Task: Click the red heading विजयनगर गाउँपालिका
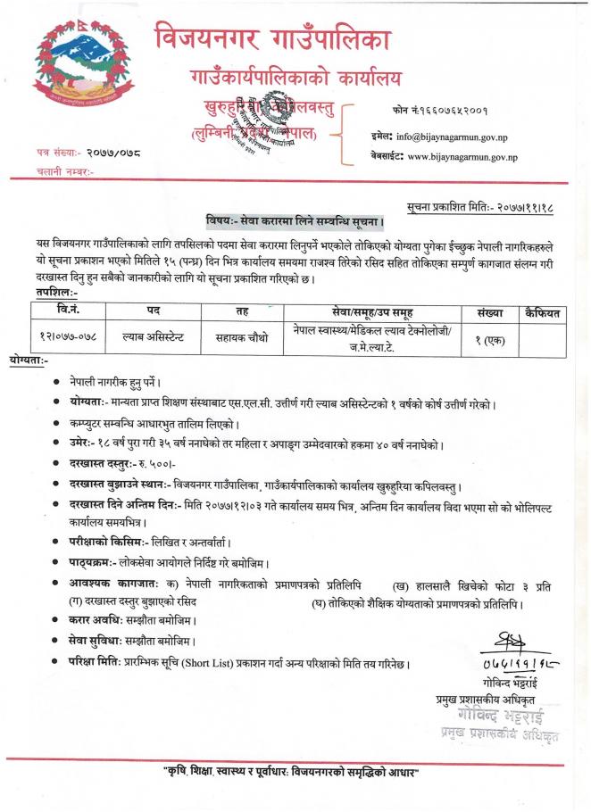pyautogui.click(x=272, y=38)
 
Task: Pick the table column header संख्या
pyautogui.click(x=491, y=313)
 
